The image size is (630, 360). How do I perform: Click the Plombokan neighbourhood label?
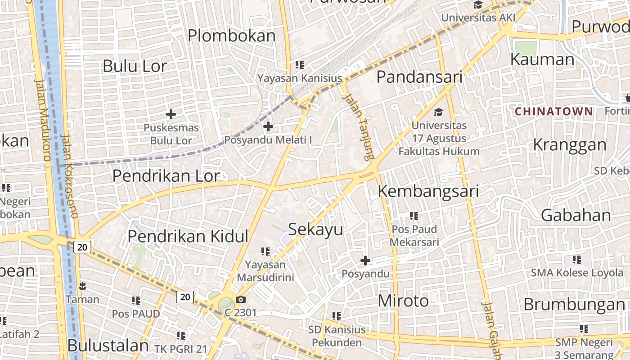[231, 36]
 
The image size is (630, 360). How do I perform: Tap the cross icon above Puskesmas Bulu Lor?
[171, 114]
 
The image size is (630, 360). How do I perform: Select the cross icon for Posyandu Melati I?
[268, 126]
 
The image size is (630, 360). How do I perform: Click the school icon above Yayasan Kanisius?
[300, 65]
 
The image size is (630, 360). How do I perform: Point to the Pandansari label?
[419, 77]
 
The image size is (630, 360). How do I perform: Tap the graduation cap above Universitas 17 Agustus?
[439, 112]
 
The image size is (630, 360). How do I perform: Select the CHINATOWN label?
[553, 111]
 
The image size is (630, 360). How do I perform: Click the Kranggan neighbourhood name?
[570, 145]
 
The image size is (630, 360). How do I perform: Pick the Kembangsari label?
[427, 191]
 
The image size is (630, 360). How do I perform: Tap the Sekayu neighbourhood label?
[315, 229]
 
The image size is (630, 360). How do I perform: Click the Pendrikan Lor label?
[166, 176]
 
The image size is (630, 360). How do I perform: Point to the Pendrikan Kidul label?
[188, 236]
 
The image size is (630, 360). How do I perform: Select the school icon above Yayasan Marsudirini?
[265, 251]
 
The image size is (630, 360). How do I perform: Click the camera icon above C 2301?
[241, 299]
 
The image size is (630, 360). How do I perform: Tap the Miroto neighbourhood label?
[403, 301]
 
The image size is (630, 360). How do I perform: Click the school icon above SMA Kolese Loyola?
[577, 259]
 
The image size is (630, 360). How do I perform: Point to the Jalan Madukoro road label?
[43, 120]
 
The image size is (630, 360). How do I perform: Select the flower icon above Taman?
[82, 286]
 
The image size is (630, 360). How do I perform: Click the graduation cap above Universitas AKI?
[478, 5]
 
